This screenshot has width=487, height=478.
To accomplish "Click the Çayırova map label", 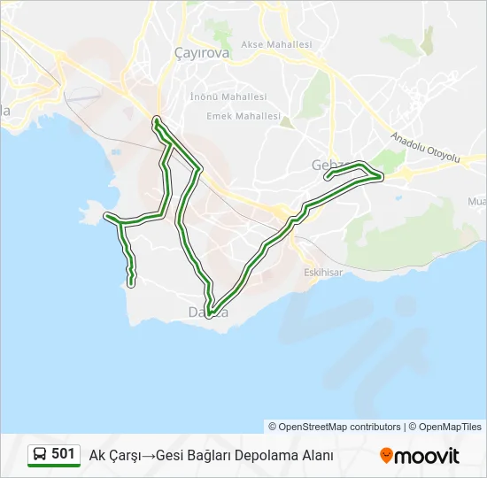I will point(203,52).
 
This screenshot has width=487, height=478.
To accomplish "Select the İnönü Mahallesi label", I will point(228,96).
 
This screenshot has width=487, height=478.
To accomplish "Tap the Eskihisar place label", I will point(322,273).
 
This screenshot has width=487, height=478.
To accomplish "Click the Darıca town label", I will point(208,312).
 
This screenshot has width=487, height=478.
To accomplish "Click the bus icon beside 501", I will point(40,455).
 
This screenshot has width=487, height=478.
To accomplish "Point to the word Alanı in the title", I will point(315,456).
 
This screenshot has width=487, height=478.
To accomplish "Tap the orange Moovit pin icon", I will point(386,456).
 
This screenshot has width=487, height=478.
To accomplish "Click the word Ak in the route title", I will point(97,456).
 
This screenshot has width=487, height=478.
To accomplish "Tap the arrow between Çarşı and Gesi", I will point(149,456).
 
